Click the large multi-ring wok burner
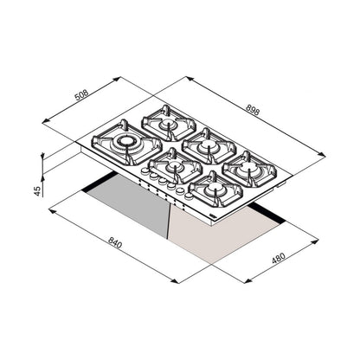[x=126, y=144]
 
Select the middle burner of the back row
[x=206, y=144]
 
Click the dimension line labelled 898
[x=251, y=116]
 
